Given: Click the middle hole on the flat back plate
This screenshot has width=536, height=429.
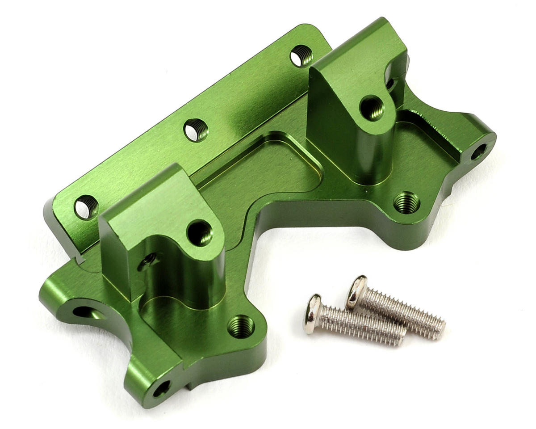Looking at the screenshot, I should pos(196,130).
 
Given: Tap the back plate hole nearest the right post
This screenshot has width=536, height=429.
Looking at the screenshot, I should pos(301,56).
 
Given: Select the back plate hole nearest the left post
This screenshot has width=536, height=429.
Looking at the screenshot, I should pos(87,207).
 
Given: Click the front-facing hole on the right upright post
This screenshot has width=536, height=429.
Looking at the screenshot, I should pos(372,108).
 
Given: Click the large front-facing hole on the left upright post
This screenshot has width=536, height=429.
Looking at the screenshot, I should pos(200,232).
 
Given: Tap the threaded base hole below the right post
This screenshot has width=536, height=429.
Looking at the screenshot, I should pos(406,202).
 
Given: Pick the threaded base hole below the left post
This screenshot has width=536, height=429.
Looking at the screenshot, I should pos(241,327).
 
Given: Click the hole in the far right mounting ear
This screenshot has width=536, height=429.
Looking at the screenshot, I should pos(478,151).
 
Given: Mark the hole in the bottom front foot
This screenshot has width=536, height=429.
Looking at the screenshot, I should pos(161,388).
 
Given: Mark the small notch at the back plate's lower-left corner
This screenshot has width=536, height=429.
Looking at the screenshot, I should pos(80,258).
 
